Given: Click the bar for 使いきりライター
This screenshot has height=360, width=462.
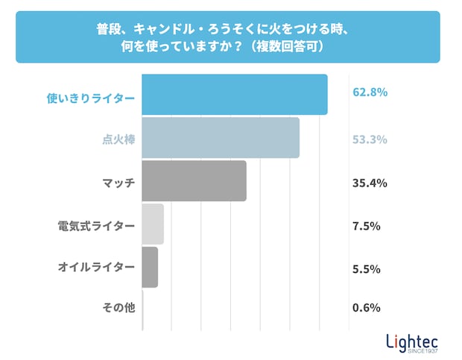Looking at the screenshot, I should [x=235, y=95].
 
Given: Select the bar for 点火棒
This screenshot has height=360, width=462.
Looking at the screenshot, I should [x=221, y=138].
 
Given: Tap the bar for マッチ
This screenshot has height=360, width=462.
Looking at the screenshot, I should [x=194, y=181].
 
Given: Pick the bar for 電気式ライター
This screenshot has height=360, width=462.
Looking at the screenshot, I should [x=153, y=224].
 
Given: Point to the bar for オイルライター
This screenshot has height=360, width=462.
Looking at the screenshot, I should [x=150, y=267].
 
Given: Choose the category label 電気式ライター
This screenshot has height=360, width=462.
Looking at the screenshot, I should [x=97, y=224].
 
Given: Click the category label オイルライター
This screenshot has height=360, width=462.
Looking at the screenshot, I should [x=97, y=266].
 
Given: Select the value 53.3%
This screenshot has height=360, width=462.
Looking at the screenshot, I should [x=370, y=139].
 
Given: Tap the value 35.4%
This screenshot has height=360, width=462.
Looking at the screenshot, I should [x=370, y=182].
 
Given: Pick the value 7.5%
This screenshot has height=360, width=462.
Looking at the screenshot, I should [x=367, y=224].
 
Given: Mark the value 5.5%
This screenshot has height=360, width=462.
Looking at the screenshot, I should [x=367, y=267].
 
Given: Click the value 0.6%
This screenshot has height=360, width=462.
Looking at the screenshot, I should [x=367, y=308].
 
